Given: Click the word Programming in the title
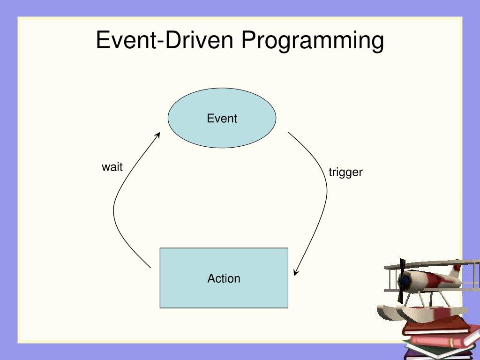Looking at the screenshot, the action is [313, 41].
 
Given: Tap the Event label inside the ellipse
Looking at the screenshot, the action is [222, 119].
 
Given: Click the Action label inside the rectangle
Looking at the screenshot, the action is [224, 278].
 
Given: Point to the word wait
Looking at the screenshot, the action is [112, 167].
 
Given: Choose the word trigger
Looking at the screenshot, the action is [345, 172].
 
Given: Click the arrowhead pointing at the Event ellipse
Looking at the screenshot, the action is [157, 135].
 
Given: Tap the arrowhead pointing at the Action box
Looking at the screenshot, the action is [296, 272].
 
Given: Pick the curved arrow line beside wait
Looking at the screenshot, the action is [114, 208].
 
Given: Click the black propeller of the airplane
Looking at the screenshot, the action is [401, 281].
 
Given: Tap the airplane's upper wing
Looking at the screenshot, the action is [432, 264].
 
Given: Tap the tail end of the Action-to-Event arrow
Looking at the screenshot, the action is [150, 268].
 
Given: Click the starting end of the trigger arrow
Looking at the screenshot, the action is [288, 132].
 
